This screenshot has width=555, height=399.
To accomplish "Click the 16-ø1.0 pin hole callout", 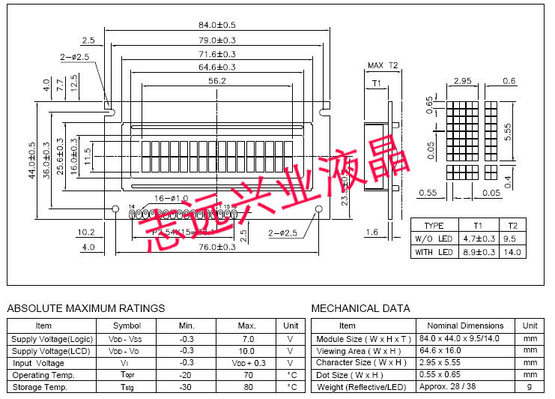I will click(x=171, y=198).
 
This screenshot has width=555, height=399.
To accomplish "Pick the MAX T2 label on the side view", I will click(x=383, y=66).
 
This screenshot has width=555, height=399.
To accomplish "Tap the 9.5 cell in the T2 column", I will click(x=512, y=238).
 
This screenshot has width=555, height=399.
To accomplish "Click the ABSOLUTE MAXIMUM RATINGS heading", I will click(x=86, y=308).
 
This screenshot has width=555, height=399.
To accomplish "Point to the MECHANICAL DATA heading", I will click(x=360, y=308).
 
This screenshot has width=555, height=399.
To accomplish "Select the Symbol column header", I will click(x=127, y=325).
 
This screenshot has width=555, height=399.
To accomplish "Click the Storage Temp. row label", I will click(x=39, y=387).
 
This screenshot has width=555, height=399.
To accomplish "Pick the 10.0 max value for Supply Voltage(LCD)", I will click(x=246, y=350).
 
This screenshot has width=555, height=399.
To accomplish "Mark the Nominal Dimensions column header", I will click(x=465, y=325).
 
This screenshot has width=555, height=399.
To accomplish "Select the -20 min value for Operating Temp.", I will click(x=186, y=375).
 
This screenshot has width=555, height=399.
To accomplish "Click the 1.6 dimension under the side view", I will click(x=371, y=232).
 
